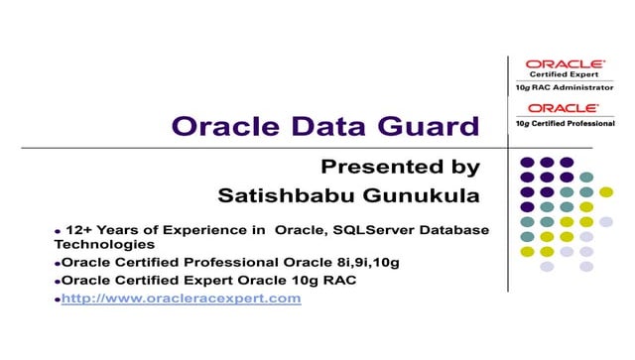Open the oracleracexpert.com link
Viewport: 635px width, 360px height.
(181, 298)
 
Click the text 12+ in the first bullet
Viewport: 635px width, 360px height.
(79, 229)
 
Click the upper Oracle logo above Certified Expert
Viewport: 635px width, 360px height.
(563, 63)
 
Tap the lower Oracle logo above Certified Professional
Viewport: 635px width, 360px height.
(563, 107)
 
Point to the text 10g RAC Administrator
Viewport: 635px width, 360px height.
(563, 86)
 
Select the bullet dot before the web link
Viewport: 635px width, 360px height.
(58, 299)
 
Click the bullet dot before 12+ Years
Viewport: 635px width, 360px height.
(58, 231)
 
